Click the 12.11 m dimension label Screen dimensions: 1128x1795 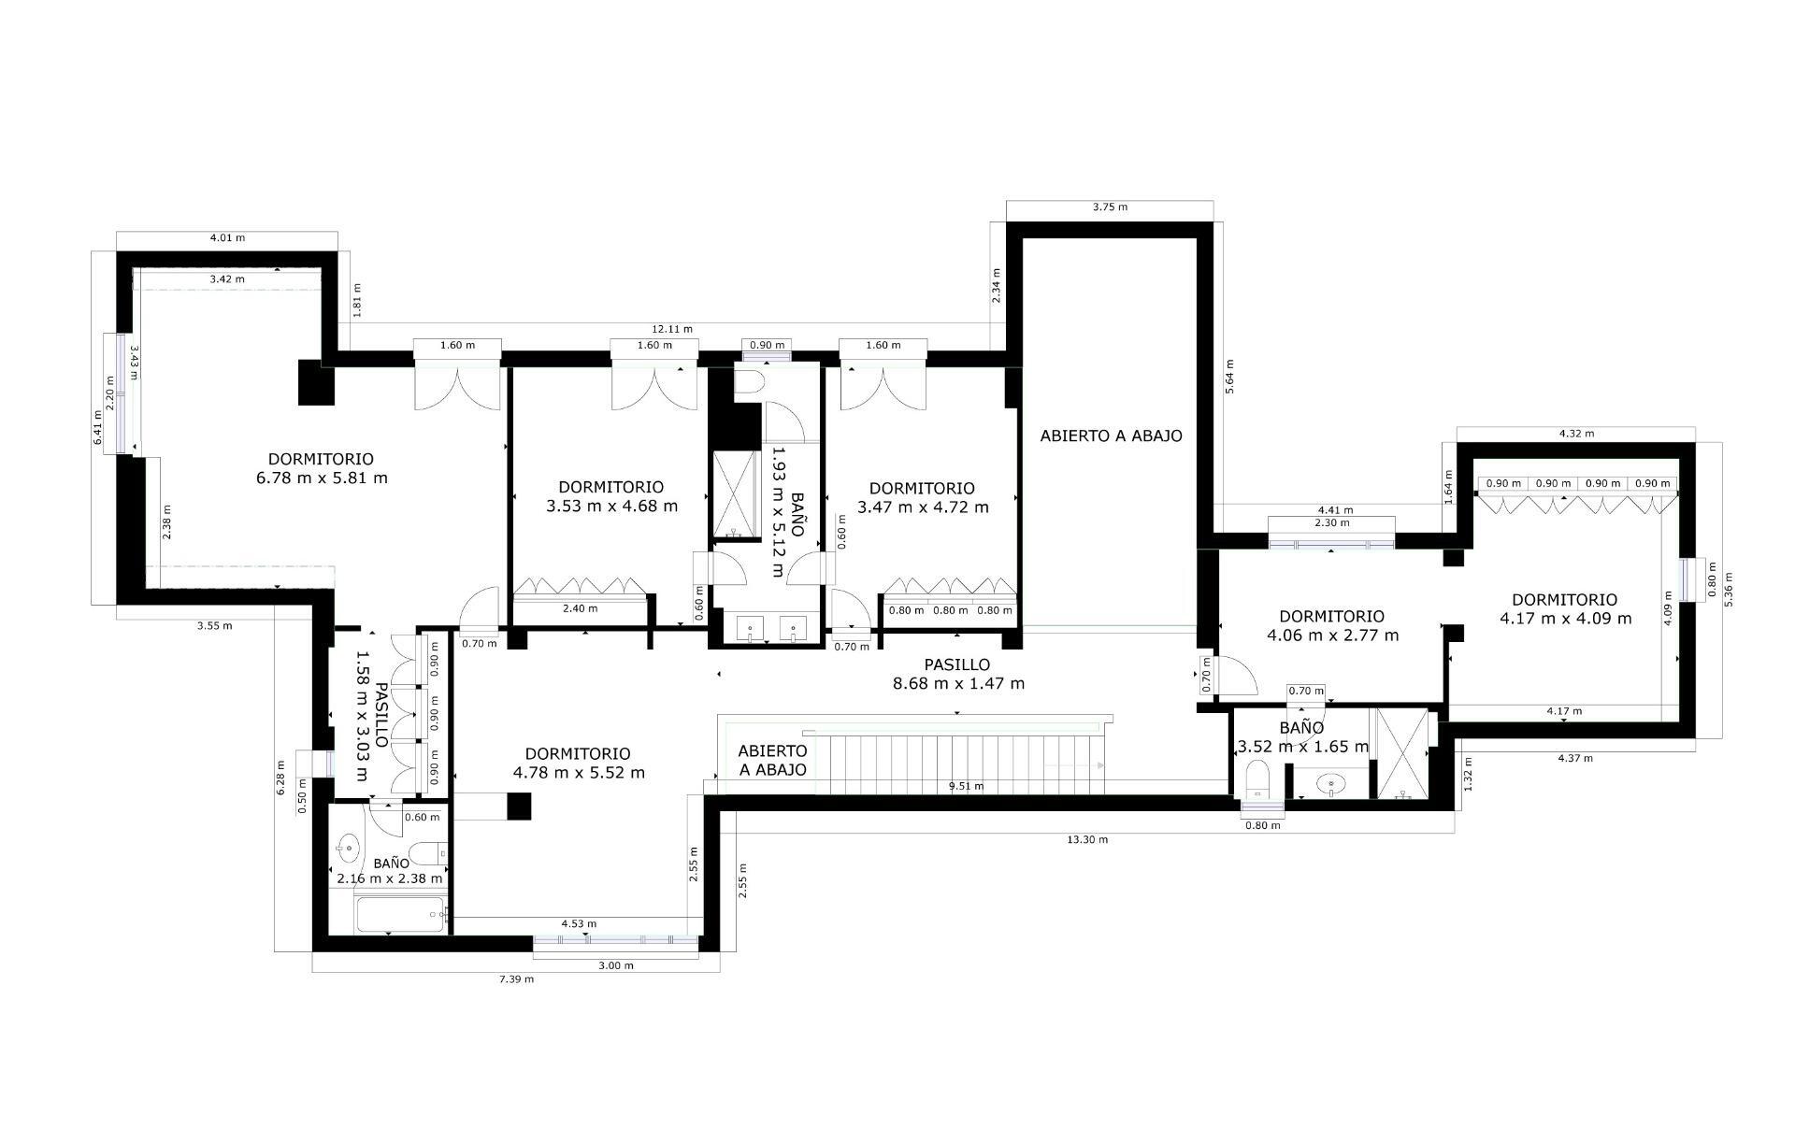[672, 329]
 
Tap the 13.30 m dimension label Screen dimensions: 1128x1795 [1087, 839]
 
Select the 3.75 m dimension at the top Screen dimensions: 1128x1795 [1110, 207]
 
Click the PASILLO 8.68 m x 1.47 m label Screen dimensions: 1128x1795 [958, 674]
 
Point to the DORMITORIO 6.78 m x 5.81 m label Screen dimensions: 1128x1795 [321, 468]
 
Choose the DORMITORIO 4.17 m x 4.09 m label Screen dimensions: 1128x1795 [1564, 608]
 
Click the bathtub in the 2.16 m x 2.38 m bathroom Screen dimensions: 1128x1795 [400, 915]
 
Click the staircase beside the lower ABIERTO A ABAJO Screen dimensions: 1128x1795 [963, 762]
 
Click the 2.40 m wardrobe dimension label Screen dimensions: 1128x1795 [580, 608]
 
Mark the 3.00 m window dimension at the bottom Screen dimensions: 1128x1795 [615, 965]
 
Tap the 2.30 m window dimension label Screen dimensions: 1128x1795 [1331, 523]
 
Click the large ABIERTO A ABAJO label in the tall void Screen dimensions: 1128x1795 [1111, 435]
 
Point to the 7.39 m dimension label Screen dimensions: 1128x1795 [516, 979]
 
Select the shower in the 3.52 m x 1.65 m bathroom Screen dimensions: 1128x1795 [1399, 754]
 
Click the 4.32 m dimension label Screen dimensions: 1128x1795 [1576, 434]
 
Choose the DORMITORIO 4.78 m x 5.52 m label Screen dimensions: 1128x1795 [579, 763]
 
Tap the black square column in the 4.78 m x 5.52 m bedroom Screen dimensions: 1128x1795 [518, 806]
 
